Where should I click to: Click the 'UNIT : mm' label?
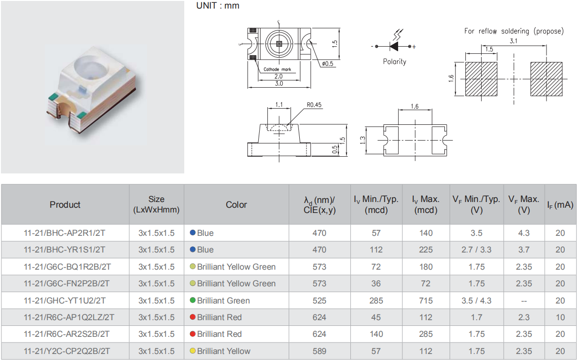click(x=218, y=5)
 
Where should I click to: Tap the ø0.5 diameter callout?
click(x=327, y=63)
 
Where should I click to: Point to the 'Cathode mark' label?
click(x=277, y=69)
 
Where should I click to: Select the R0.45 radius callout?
click(x=314, y=105)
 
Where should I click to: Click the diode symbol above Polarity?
click(x=393, y=46)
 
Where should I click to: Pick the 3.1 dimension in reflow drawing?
click(x=513, y=41)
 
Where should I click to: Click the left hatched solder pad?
click(x=481, y=79)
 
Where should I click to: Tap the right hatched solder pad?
click(x=547, y=79)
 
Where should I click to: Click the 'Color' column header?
click(x=236, y=204)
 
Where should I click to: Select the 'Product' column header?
click(x=65, y=204)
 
